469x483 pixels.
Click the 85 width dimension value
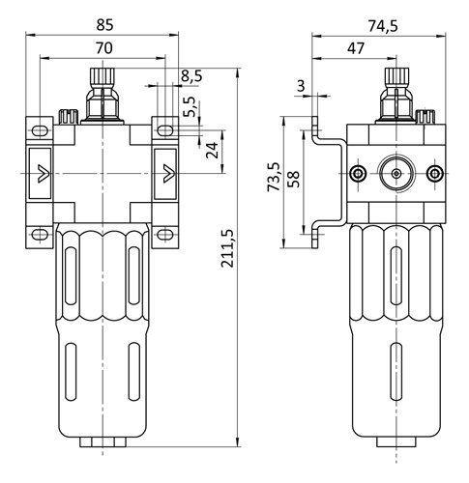[105, 25]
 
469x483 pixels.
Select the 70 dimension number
[104, 48]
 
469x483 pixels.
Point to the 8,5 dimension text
[191, 76]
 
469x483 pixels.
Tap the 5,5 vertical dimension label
[191, 106]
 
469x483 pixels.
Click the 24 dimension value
[213, 150]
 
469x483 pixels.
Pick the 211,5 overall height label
[227, 248]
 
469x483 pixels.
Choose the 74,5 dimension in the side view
[383, 26]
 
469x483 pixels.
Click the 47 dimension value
[356, 48]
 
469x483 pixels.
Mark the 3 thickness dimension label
[301, 86]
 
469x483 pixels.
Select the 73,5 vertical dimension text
[274, 178]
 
